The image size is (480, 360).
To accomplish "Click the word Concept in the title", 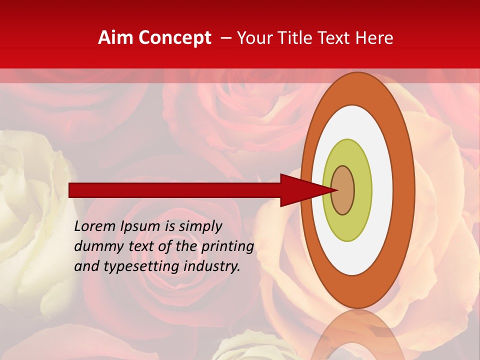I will coord(175,38).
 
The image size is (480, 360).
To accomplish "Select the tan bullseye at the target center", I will coord(343,190).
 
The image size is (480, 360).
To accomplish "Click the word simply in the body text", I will coord(200,226).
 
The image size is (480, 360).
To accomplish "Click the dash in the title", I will coord(225,38).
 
